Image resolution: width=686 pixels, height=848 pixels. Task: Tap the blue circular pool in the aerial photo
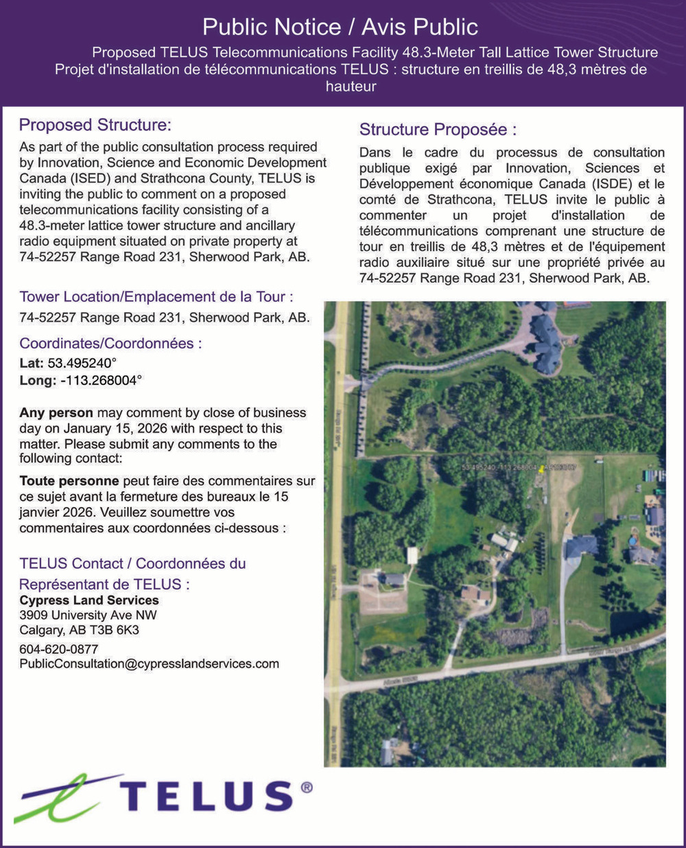[x=632, y=541]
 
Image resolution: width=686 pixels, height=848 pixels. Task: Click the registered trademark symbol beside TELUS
[x=307, y=788]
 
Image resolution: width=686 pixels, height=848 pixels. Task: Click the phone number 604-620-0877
[x=59, y=649]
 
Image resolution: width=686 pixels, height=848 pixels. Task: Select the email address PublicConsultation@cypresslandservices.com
[x=149, y=664]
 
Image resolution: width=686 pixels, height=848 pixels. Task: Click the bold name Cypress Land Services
[x=89, y=600]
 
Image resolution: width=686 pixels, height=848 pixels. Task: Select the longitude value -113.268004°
[x=101, y=381]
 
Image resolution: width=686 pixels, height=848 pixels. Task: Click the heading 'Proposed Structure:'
[x=95, y=125]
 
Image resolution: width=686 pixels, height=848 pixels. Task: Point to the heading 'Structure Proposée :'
[x=438, y=130]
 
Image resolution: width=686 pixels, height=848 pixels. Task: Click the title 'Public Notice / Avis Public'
[x=340, y=27]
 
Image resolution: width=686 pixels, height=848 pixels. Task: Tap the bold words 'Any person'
[x=56, y=413]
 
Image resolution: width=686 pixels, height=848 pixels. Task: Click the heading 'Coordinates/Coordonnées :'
[x=110, y=344]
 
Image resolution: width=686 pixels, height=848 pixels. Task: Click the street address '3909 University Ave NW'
[x=88, y=615]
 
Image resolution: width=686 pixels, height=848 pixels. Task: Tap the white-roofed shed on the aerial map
[x=412, y=554]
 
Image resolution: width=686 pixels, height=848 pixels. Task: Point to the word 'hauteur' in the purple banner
[x=351, y=86]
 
